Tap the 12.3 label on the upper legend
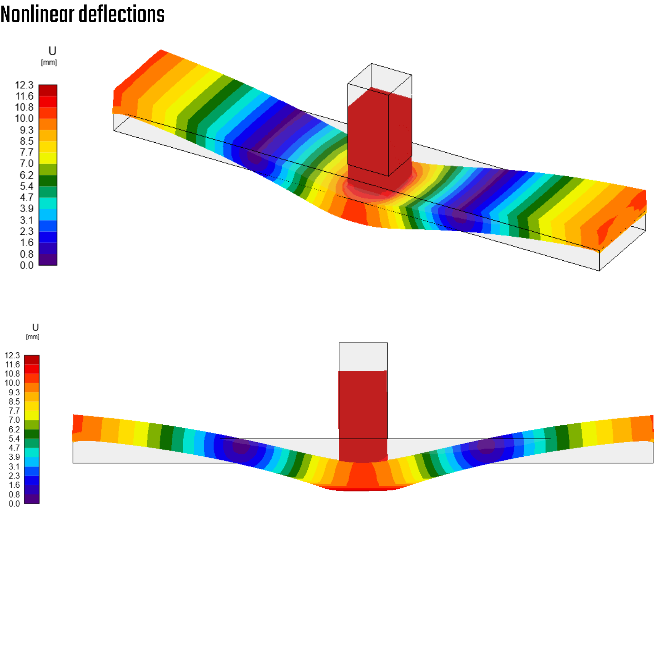pos(24,85)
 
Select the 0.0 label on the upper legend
pos(27,265)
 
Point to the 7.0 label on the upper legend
pos(27,164)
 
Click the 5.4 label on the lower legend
pos(14,439)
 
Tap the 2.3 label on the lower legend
pos(14,476)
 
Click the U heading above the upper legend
pos(52,51)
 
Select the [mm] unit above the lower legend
pos(33,337)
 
